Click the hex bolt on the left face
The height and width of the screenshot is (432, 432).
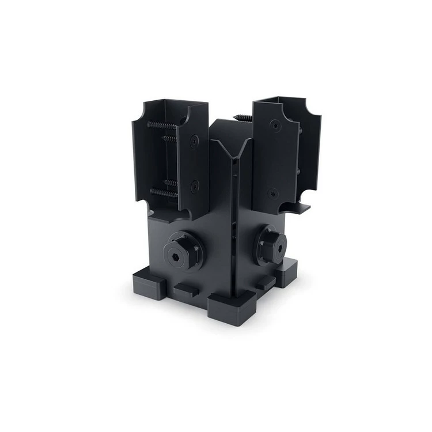[x=183, y=250]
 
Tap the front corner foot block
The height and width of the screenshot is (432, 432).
[x=232, y=309]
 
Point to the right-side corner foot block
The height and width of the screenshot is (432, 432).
[x=286, y=271]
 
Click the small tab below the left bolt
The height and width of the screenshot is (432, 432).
[x=185, y=290]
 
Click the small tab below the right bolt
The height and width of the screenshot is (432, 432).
[x=266, y=282]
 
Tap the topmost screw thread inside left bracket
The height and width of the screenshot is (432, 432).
[x=162, y=125]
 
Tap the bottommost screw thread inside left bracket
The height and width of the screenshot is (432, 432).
[x=163, y=193]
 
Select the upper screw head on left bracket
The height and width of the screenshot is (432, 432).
[x=195, y=140]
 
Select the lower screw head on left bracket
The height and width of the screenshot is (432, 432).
[x=195, y=186]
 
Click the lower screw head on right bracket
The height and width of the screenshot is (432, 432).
[x=272, y=193]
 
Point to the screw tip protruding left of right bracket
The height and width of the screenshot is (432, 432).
[x=243, y=118]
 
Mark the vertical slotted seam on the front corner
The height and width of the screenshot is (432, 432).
[x=234, y=230]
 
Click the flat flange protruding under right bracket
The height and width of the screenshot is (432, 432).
[x=298, y=207]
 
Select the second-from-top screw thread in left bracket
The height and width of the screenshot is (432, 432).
[x=169, y=139]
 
